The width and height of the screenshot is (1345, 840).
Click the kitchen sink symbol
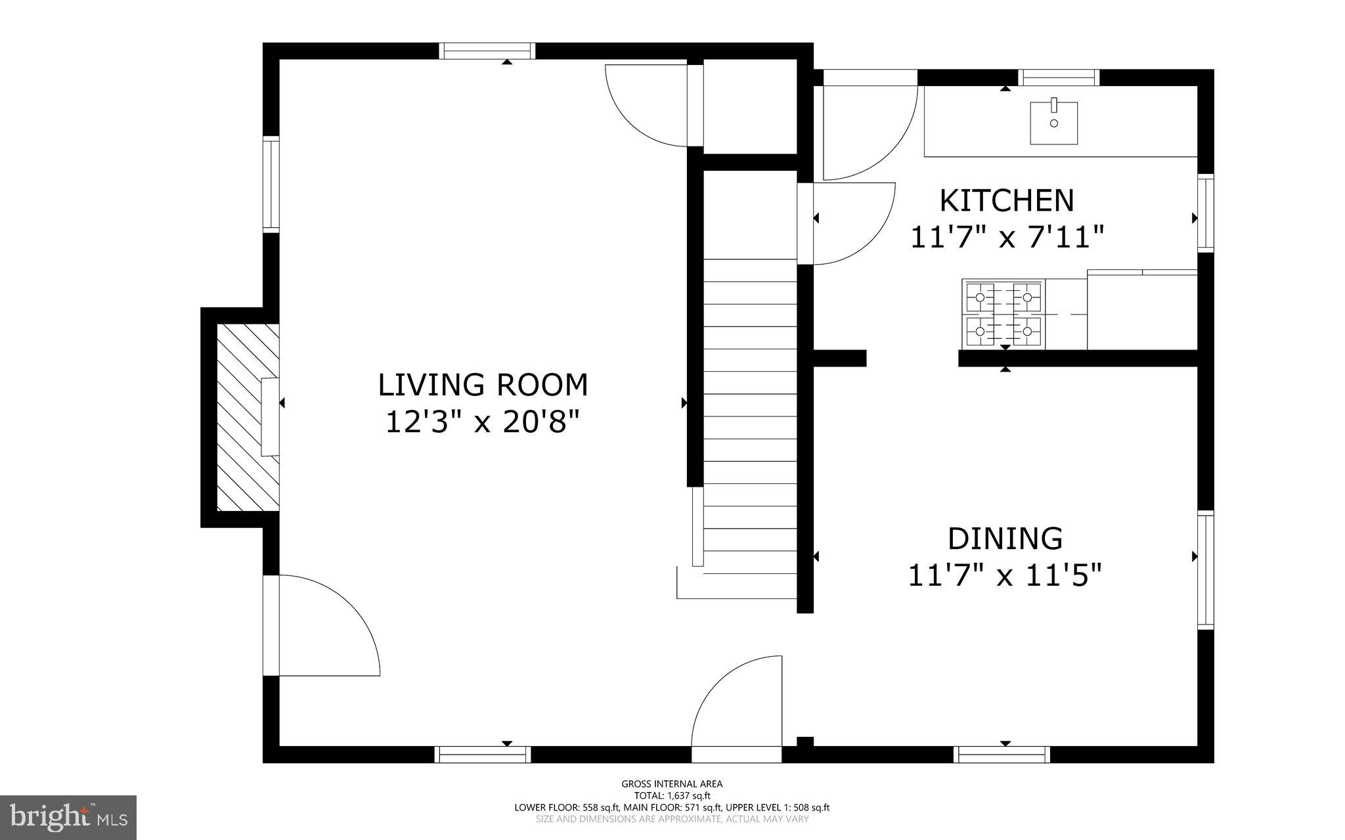[x=1053, y=123]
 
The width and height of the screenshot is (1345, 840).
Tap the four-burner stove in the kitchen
[x=1003, y=314]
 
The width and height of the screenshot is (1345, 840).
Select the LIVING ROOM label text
[x=483, y=385]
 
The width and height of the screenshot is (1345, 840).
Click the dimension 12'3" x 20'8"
[x=483, y=422]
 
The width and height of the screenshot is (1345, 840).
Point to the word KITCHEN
[x=1006, y=201]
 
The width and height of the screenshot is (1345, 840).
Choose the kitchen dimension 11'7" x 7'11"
[x=1006, y=237]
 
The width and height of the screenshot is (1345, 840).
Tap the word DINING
[x=1005, y=539]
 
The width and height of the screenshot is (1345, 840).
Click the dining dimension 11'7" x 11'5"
[x=1005, y=576]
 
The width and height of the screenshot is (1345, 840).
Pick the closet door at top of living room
[x=647, y=105]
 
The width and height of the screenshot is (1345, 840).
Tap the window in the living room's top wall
[x=487, y=51]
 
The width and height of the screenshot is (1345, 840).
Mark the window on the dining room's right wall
[x=1206, y=570]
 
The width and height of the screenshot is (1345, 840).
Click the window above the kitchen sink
[x=1059, y=77]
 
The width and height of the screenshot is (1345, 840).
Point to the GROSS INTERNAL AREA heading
[x=672, y=784]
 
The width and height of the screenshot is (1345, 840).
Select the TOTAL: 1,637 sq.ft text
[x=672, y=795]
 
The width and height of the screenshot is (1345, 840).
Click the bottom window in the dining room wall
[x=1002, y=754]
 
